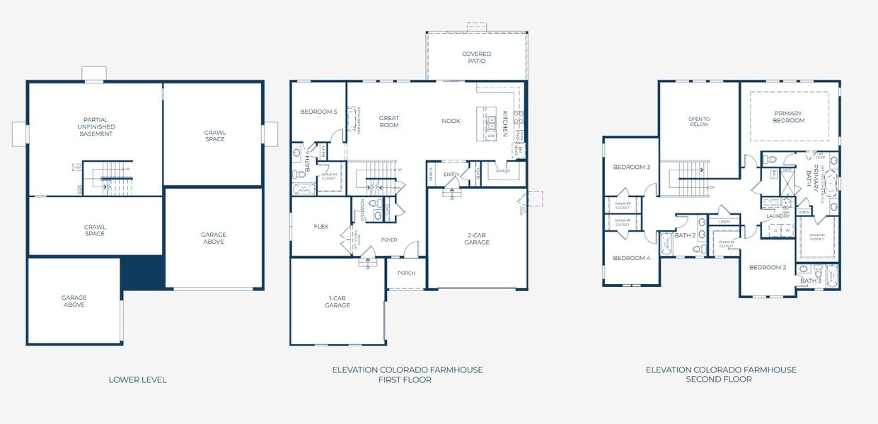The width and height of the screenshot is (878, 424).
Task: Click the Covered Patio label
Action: [476, 57]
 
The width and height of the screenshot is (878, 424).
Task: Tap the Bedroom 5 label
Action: [318, 112]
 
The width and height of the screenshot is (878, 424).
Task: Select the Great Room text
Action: [389, 122]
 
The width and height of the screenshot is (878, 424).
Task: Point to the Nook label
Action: [451, 121]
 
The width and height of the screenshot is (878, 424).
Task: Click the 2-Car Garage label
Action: [478, 239]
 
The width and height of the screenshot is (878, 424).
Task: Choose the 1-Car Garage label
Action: [337, 302]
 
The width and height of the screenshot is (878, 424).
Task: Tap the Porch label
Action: [406, 273]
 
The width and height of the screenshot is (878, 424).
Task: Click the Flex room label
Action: [321, 227]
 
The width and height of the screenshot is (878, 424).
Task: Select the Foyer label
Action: [388, 240]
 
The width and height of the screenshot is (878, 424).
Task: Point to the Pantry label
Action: [503, 170]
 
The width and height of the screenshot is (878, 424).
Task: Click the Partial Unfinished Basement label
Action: [95, 126]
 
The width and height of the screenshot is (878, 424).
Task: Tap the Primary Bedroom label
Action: [789, 117]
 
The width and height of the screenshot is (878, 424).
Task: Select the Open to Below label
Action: [699, 122]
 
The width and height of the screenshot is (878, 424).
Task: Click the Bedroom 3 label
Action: [631, 167]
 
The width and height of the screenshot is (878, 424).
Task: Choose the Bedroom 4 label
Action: [631, 258]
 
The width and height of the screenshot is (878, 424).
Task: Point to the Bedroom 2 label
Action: [768, 267]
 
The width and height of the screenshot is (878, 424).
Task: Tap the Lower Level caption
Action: [137, 379]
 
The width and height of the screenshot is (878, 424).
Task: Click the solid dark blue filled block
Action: [142, 273]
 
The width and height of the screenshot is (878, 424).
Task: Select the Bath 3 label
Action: [810, 281]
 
